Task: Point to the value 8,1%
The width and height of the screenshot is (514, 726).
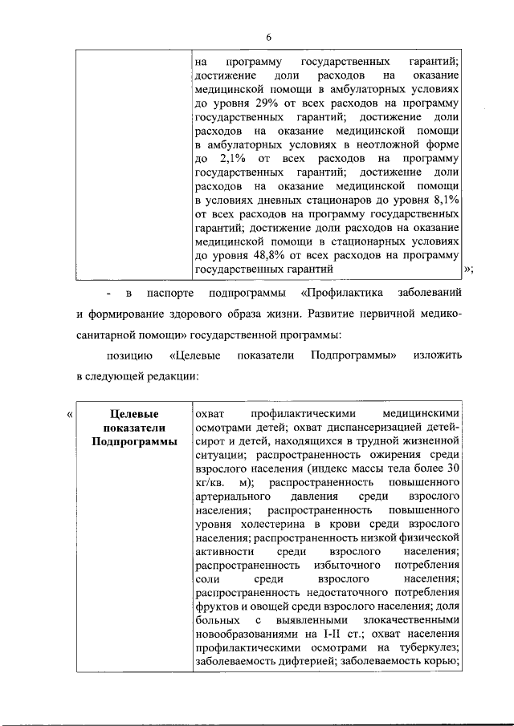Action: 446,201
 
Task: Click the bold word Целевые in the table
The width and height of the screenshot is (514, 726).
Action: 132,414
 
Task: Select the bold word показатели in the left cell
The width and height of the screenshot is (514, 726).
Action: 132,428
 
